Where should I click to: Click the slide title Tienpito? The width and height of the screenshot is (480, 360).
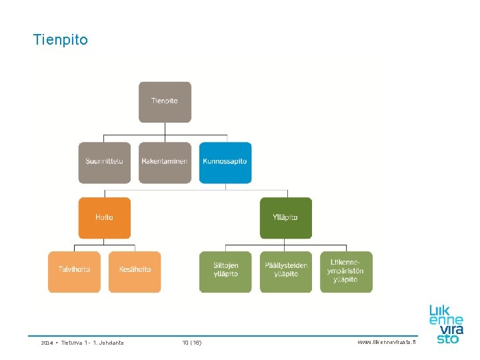coord(60,40)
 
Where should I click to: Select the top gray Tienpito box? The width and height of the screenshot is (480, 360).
coord(165,101)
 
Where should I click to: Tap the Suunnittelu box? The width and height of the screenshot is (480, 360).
coord(104,162)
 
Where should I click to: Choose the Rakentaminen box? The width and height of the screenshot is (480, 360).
coord(165,162)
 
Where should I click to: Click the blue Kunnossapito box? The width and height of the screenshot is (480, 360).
coord(225,162)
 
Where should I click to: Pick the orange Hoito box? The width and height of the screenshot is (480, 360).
coord(104,217)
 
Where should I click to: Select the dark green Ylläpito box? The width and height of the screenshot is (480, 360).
coord(285,217)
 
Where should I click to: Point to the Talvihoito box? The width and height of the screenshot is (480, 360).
coord(74,271)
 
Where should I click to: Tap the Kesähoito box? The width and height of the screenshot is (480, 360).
coord(135,271)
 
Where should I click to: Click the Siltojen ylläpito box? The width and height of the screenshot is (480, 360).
coord(225,271)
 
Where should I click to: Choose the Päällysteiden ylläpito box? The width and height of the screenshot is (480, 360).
coord(285,271)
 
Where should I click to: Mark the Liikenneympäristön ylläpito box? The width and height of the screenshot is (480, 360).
coord(346,271)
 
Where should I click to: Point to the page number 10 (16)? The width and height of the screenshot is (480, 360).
coord(192,343)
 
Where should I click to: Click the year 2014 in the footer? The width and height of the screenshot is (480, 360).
coord(47,343)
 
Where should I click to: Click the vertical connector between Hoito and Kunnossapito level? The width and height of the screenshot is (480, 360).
coord(105,193)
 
